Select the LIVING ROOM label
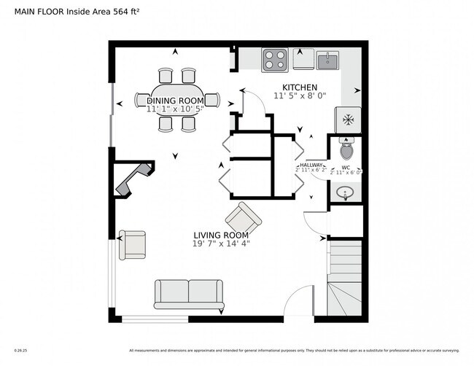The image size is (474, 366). pos(221,235)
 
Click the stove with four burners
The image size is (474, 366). pos(274,58)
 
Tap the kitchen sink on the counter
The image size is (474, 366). pos(329,58)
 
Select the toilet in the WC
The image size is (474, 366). pos(346,149)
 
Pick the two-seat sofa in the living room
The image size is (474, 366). pos(189,294)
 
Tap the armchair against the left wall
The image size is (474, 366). pos(133,244)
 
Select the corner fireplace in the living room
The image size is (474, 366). pos(131,179)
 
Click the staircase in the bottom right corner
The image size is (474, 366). pos(346,281)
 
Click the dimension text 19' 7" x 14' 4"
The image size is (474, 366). pos(222,244)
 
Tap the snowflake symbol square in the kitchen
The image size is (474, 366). pos(347,118)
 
